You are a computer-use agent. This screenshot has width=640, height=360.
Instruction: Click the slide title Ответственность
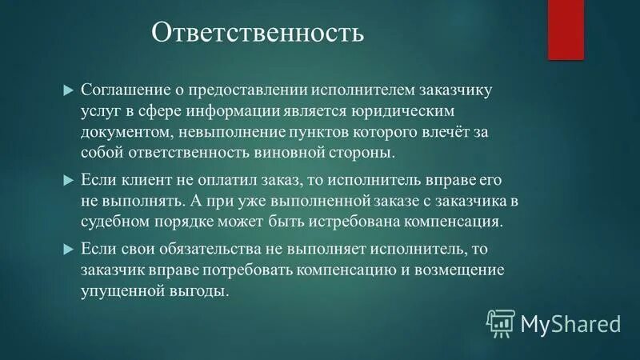pyautogui.click(x=258, y=34)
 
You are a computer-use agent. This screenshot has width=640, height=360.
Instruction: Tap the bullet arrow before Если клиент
pyautogui.click(x=68, y=178)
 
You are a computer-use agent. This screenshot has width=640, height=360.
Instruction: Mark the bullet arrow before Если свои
pyautogui.click(x=68, y=249)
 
